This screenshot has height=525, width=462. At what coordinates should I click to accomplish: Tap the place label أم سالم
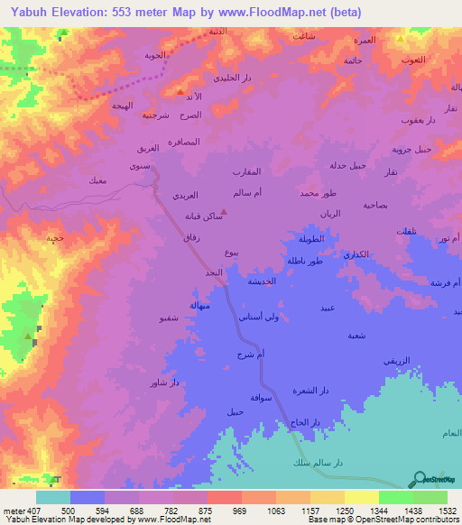246,194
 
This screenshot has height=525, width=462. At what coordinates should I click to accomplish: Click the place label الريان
331,214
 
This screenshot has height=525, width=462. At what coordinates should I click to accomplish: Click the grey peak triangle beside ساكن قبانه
223,214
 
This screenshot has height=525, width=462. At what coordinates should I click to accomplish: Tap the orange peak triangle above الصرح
180,92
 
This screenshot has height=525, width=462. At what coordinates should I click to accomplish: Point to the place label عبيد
328,308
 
